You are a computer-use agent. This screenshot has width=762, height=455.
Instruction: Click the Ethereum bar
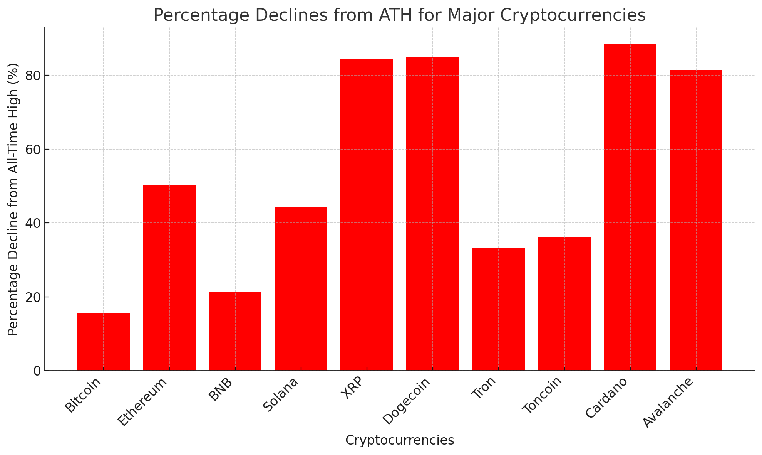[x=169, y=278]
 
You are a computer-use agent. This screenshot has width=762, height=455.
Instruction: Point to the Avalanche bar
[x=696, y=220]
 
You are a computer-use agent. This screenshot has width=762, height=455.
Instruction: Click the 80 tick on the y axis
[x=33, y=76]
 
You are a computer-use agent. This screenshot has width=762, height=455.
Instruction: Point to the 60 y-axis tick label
[x=33, y=150]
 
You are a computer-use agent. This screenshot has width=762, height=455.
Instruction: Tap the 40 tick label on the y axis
[x=33, y=223]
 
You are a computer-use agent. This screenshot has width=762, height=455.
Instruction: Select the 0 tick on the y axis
[x=37, y=371]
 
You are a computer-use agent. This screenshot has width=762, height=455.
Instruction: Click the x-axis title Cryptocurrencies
[x=400, y=440]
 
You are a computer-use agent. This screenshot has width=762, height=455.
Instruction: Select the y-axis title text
[x=13, y=199]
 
